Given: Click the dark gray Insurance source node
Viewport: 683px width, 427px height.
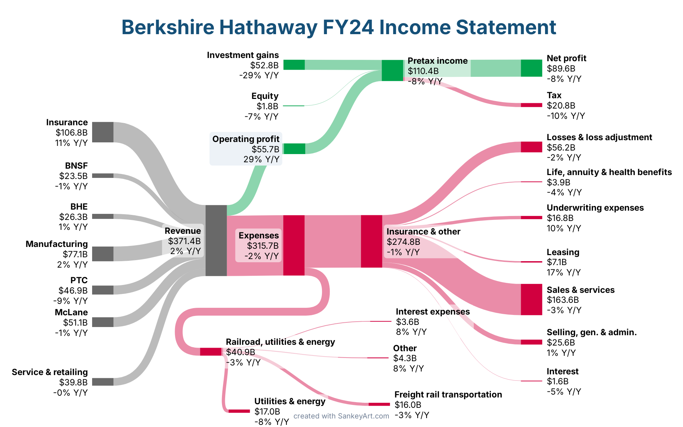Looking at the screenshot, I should tap(103, 132).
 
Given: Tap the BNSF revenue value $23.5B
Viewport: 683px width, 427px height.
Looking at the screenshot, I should tap(73, 176).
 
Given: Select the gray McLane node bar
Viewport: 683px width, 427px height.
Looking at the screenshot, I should tap(103, 322).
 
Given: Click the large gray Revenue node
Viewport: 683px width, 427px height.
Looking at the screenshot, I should tap(216, 240).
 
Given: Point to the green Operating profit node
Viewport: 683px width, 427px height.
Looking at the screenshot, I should tap(295, 149).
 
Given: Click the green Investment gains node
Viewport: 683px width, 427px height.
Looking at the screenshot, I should tap(294, 65).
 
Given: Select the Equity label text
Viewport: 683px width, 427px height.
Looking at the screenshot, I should tap(265, 96).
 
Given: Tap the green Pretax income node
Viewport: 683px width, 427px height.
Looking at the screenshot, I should tap(392, 70).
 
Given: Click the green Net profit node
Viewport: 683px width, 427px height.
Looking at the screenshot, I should tap(531, 68).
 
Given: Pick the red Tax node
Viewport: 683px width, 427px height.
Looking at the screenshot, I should tap(531, 105).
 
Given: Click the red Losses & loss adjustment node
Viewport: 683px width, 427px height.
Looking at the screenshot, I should tap(531, 147).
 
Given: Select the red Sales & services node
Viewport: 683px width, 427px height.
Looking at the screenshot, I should tap(531, 299).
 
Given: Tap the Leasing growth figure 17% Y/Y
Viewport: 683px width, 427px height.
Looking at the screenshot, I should tap(563, 273).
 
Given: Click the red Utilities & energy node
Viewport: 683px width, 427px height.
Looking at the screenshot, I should tap(239, 411).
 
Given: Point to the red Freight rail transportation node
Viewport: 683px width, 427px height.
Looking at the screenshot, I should tap(379, 404).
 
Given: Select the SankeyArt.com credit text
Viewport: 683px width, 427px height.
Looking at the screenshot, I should tap(341, 416).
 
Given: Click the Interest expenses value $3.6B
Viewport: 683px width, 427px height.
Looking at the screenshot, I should tap(407, 322).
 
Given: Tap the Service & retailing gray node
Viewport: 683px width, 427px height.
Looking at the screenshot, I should tap(103, 382).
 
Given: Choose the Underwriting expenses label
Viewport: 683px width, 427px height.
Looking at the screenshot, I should tap(595, 208).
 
